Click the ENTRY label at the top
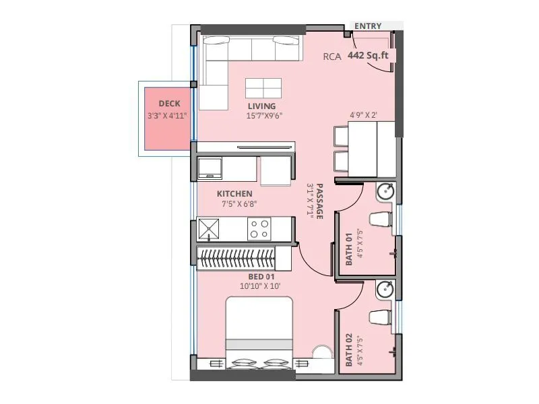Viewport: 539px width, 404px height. tap(368, 26)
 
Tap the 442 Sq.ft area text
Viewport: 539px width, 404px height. tap(368, 57)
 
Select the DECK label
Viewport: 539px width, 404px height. tap(169, 104)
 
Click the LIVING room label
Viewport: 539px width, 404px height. tap(261, 106)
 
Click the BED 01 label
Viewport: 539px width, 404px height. tap(261, 276)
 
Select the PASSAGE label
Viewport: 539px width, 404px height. tap(320, 201)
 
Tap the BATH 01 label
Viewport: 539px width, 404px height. tap(349, 249)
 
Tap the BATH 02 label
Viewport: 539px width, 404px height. tap(349, 350)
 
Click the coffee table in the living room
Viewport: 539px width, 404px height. tap(263, 88)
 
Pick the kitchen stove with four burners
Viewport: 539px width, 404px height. tap(259, 230)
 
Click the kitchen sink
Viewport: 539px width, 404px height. tap(210, 230)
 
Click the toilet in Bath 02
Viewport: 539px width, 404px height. tap(380, 316)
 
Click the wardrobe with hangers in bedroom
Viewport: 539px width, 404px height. tap(236, 257)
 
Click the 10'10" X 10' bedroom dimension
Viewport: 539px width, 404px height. tap(260, 286)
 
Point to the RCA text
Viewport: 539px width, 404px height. tap(332, 57)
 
